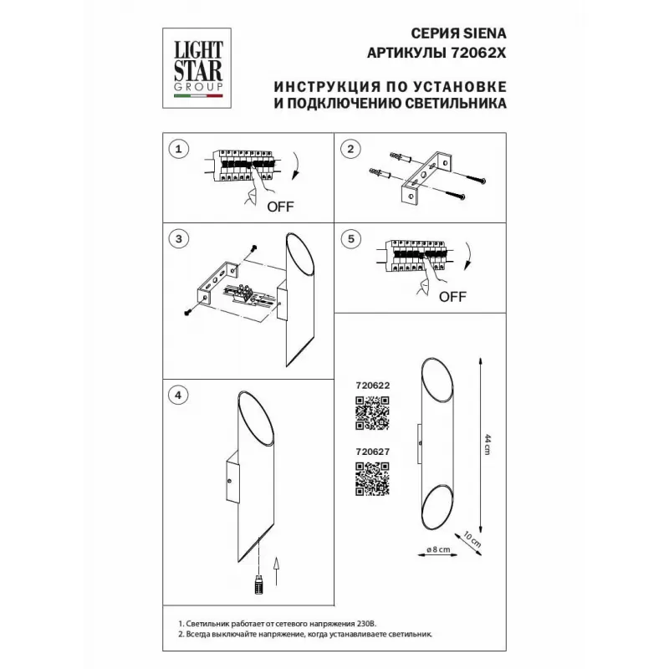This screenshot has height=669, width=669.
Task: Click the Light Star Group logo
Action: (x=197, y=69)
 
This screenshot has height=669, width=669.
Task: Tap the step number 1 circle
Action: (x=178, y=149)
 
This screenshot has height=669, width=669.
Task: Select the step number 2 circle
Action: (x=350, y=149)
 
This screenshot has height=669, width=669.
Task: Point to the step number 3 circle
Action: (x=178, y=238)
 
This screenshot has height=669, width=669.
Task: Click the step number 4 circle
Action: (x=178, y=395)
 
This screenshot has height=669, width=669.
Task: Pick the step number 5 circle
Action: (x=350, y=238)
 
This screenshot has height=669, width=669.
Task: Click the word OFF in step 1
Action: (x=280, y=207)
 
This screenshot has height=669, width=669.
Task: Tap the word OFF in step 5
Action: (x=452, y=297)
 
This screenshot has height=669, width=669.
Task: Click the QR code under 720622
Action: (x=372, y=412)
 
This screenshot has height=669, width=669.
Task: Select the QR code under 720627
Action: (x=372, y=478)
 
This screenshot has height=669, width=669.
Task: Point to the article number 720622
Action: (x=372, y=386)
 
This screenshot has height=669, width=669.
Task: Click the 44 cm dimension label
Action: (x=488, y=444)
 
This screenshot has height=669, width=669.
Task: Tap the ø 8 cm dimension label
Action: (x=438, y=549)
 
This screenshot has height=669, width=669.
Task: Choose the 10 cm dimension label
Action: (x=472, y=539)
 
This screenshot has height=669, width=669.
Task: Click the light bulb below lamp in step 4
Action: (x=258, y=584)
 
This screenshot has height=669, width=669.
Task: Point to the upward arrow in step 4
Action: (x=276, y=571)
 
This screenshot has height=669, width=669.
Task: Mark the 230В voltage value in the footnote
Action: (x=367, y=624)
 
